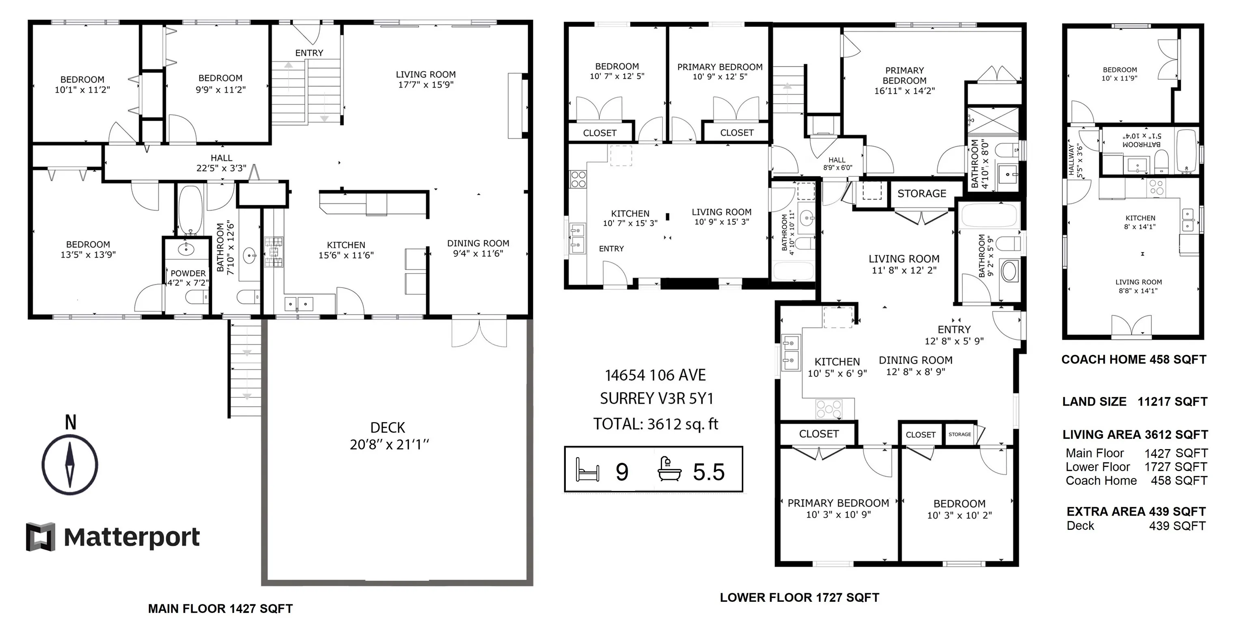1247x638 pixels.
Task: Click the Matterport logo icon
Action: click(40, 537)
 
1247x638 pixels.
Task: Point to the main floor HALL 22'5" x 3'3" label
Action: click(221, 163)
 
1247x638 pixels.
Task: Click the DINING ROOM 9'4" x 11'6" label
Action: click(478, 248)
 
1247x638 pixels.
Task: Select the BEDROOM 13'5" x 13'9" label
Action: click(88, 250)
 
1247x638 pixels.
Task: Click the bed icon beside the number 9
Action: click(587, 470)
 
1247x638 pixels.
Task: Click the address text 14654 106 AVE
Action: click(656, 375)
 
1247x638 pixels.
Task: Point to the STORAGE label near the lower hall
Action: click(922, 194)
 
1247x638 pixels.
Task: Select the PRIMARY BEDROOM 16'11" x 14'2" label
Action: click(904, 80)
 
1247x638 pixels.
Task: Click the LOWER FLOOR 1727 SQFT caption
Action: click(799, 597)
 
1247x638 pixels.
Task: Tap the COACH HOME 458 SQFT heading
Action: click(1134, 360)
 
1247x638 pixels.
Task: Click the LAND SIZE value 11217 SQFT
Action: click(1172, 401)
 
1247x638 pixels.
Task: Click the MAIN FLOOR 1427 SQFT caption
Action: click(220, 609)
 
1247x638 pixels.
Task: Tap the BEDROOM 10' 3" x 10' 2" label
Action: click(960, 510)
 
